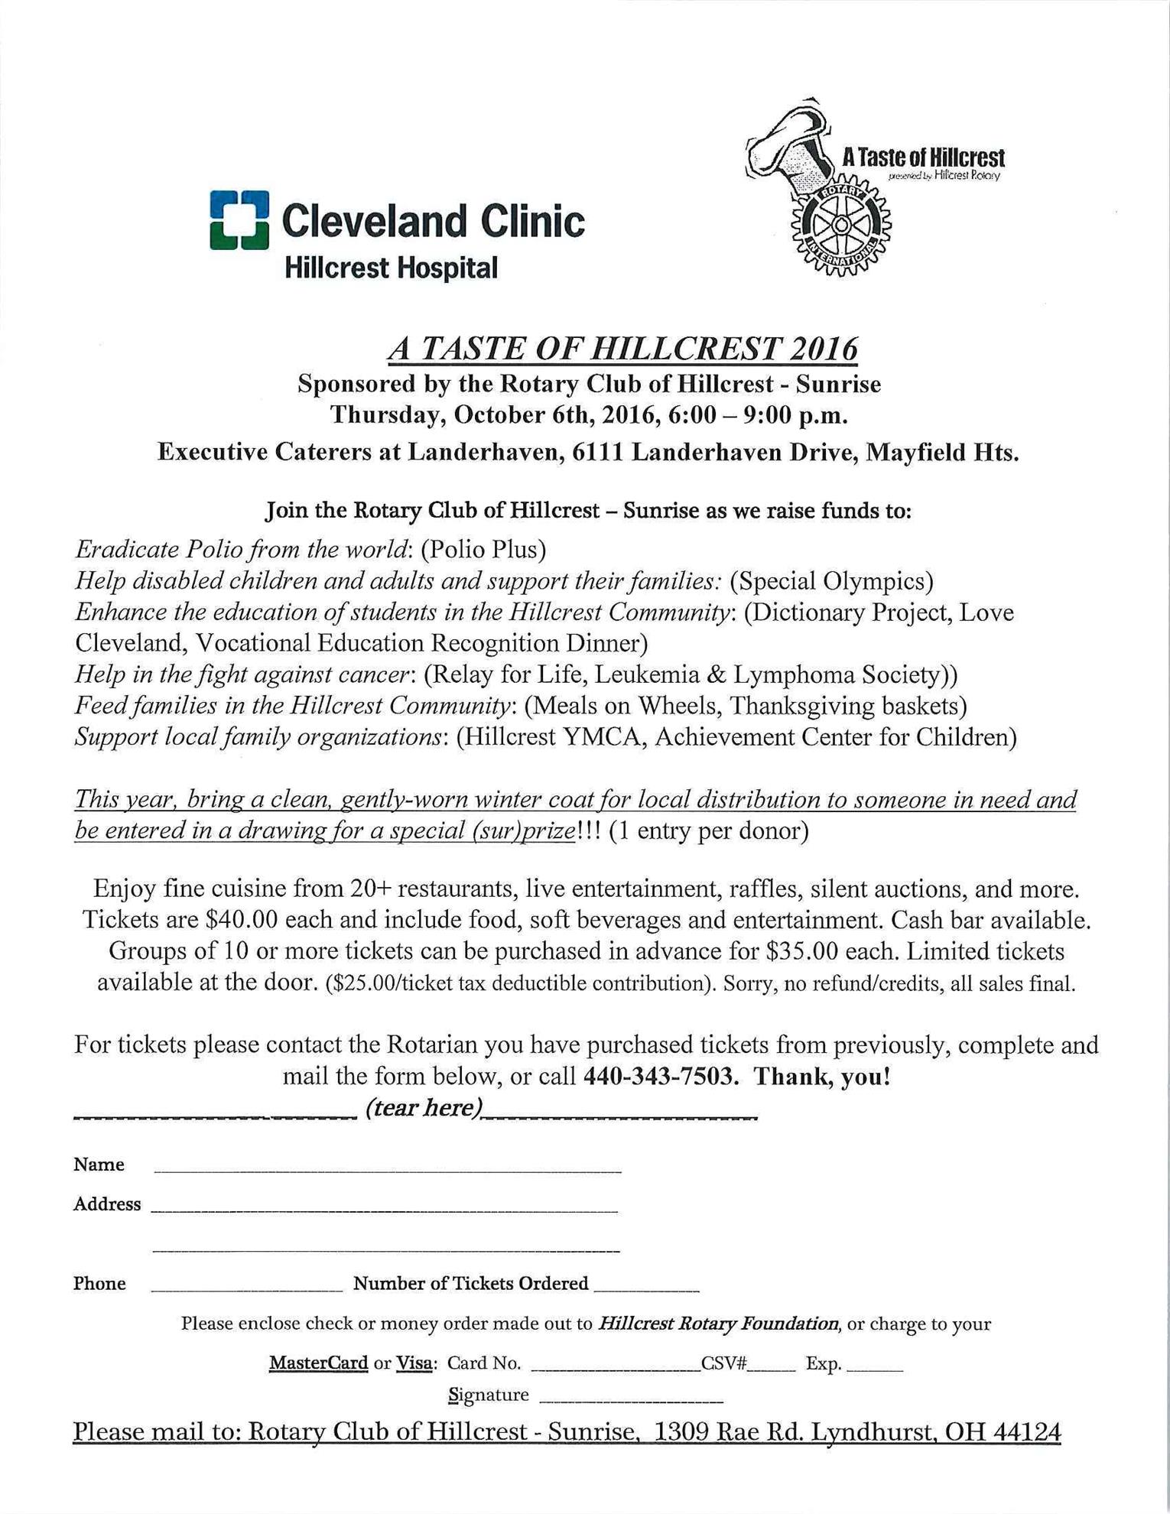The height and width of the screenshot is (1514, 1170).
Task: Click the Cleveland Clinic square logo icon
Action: point(239,220)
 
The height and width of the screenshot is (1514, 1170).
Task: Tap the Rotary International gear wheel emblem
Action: point(840,225)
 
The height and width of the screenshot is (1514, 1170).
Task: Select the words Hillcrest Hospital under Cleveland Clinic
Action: point(391,268)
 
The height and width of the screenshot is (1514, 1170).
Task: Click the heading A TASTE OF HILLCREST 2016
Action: point(622,349)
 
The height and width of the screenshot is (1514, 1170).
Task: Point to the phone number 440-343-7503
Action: point(661,1077)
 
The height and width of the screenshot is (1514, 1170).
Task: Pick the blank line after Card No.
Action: point(616,1366)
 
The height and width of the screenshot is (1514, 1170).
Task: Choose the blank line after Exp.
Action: point(875,1366)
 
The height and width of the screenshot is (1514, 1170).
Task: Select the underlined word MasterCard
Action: point(318,1363)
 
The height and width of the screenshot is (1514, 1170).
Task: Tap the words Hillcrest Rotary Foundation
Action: point(720,1324)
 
